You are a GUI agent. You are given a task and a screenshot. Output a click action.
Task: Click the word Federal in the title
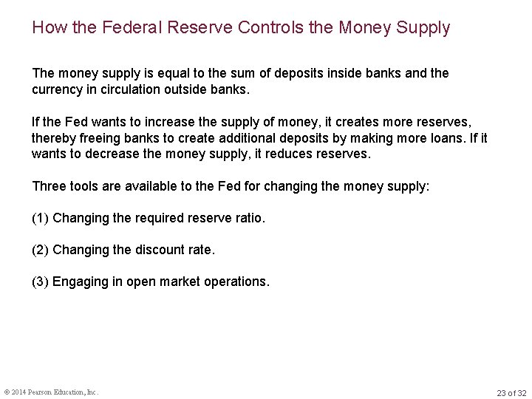pyautogui.click(x=128, y=28)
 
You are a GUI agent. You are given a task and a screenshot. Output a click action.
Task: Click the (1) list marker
pyautogui.click(x=40, y=219)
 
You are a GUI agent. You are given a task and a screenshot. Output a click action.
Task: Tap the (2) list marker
pyautogui.click(x=40, y=250)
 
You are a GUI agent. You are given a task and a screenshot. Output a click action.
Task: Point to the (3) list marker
pyautogui.click(x=40, y=282)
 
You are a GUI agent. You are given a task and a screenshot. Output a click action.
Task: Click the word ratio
pyautogui.click(x=248, y=219)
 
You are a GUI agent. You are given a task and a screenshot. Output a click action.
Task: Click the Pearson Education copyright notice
pyautogui.click(x=51, y=392)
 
